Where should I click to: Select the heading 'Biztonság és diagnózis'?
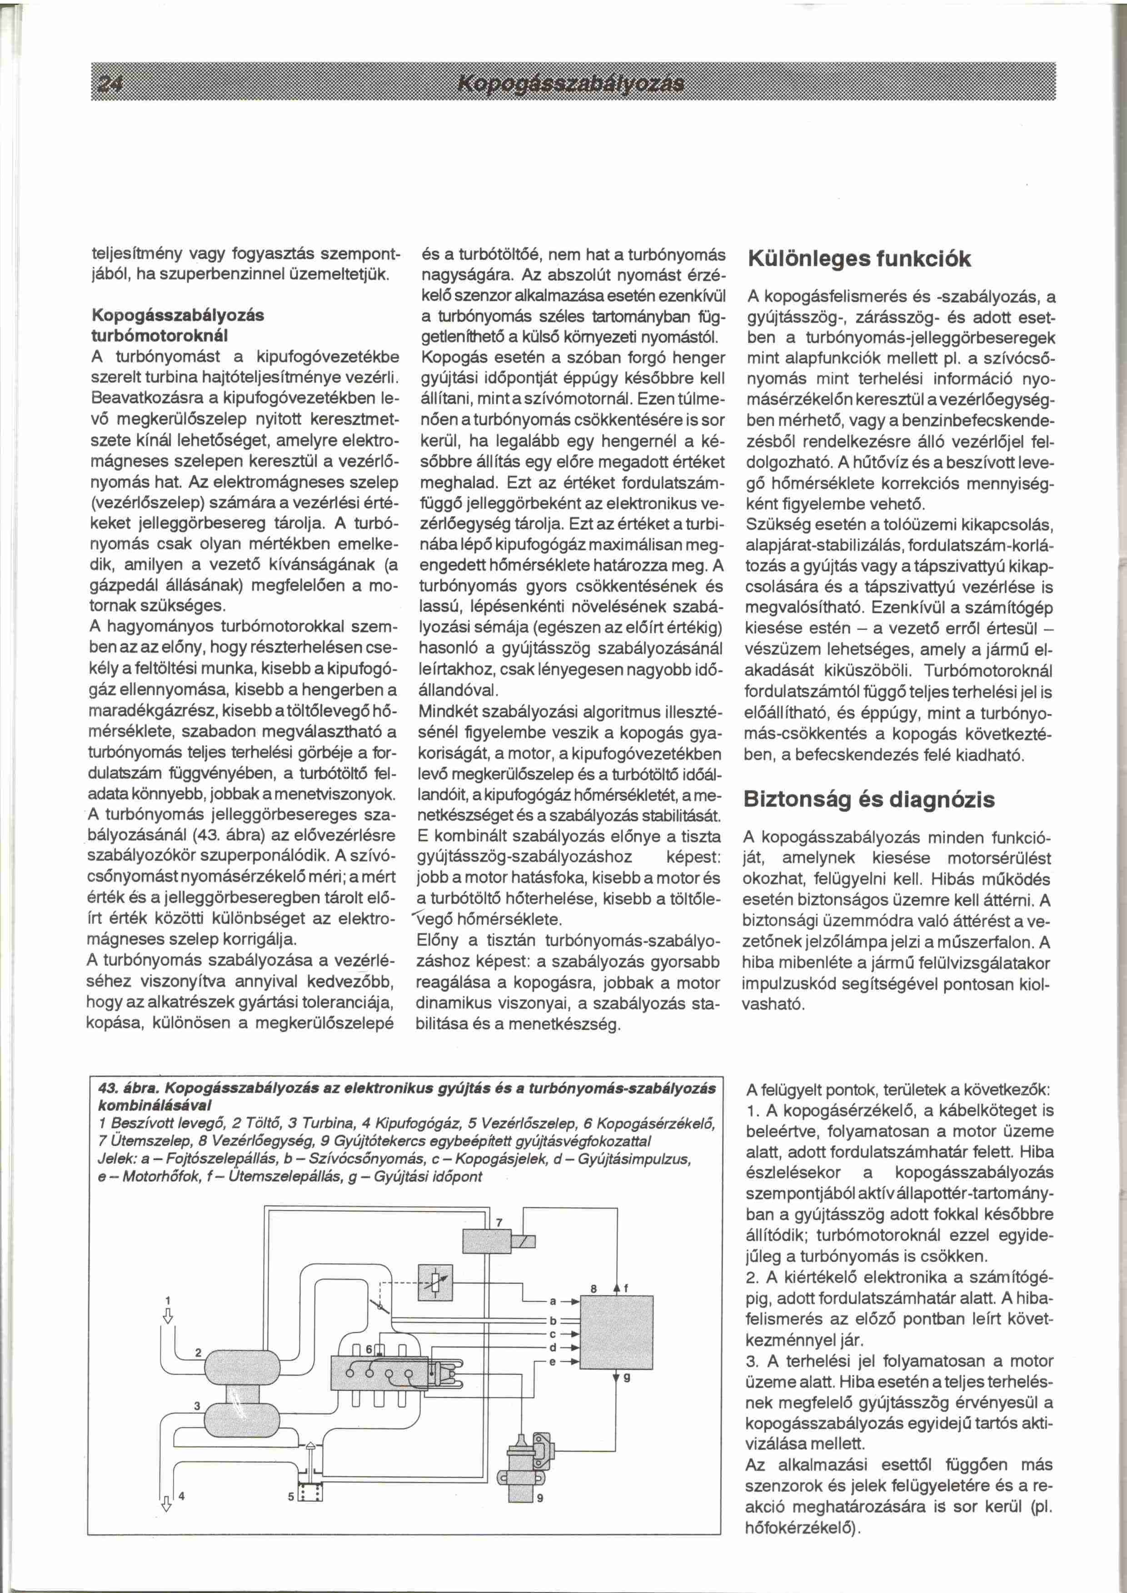point(869,799)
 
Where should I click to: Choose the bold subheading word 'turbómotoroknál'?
point(160,334)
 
